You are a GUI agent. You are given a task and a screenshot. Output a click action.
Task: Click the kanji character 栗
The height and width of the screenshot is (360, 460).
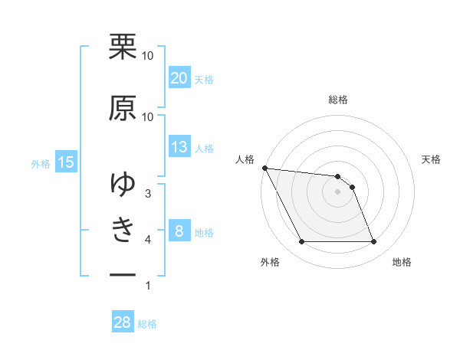click(x=123, y=47)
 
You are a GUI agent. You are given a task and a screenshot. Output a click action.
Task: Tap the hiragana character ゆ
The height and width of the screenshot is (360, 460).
click(x=123, y=184)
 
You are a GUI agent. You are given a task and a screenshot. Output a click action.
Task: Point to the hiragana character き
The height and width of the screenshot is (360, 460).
click(x=123, y=229)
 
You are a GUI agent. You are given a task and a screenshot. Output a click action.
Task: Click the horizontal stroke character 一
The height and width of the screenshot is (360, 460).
click(x=123, y=273)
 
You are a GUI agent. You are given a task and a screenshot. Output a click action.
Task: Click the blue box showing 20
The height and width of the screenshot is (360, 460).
click(x=179, y=78)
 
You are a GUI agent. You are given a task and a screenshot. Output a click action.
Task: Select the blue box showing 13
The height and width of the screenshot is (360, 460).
click(x=179, y=148)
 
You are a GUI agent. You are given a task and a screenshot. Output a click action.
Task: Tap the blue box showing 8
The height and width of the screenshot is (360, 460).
click(x=179, y=231)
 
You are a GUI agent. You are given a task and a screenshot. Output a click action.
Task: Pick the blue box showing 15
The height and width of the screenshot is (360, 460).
click(x=66, y=162)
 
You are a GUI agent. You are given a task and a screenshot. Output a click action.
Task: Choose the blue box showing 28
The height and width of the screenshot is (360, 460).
click(x=123, y=322)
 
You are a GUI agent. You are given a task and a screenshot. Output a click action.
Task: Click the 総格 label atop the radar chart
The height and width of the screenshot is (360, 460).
click(x=338, y=100)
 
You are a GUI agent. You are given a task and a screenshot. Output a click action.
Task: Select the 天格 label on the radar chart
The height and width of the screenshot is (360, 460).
click(x=432, y=159)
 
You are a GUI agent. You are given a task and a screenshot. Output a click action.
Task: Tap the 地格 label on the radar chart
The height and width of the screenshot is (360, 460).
click(x=402, y=262)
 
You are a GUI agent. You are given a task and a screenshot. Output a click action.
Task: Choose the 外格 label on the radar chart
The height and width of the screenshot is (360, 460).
click(x=270, y=262)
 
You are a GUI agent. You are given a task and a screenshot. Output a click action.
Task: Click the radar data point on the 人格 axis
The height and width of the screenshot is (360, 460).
click(x=264, y=168)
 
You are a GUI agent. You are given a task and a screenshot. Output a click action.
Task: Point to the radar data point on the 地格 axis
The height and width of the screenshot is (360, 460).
click(x=373, y=242)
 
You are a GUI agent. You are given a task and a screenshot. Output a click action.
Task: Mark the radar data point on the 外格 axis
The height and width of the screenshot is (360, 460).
click(x=301, y=242)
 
